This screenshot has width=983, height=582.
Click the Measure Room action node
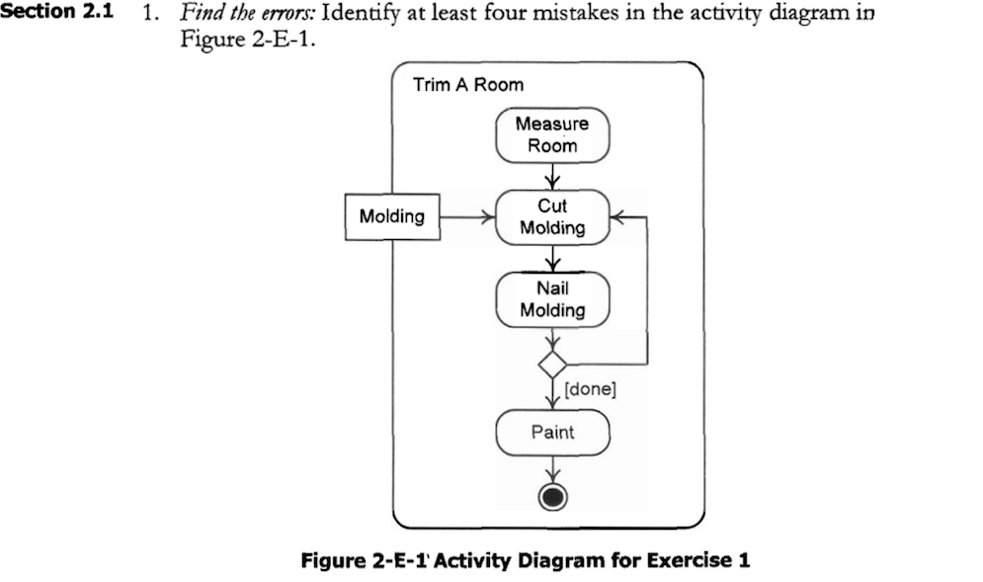(x=552, y=135)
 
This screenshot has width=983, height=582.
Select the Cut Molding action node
(x=552, y=217)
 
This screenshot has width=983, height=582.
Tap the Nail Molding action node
(x=552, y=299)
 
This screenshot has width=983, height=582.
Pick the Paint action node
(x=552, y=432)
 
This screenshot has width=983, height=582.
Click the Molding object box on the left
(x=391, y=216)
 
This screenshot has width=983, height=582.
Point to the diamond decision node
(x=552, y=363)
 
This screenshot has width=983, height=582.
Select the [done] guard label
(x=591, y=389)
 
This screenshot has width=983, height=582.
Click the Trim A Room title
(x=468, y=85)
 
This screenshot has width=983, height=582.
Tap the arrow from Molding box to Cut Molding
(x=464, y=216)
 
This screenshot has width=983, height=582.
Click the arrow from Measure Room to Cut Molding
(x=552, y=176)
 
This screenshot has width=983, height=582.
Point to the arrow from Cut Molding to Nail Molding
(x=552, y=258)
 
